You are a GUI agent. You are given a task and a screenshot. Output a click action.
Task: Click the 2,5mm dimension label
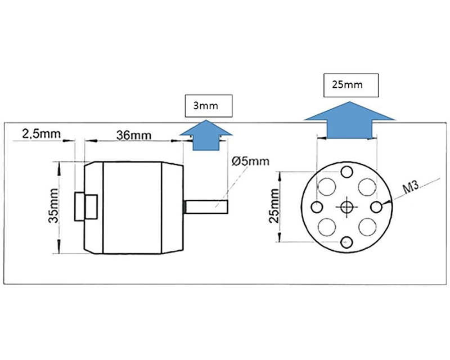point(42,134)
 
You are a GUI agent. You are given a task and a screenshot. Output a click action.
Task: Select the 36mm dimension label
point(134,135)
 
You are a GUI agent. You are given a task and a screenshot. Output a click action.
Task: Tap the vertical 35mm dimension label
point(53,205)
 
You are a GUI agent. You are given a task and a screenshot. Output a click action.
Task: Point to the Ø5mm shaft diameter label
point(250,161)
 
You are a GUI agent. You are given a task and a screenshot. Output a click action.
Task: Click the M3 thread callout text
point(411,188)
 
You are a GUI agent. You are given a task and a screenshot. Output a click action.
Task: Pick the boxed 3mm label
point(208,106)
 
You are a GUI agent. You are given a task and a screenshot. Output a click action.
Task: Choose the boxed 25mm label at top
point(351,85)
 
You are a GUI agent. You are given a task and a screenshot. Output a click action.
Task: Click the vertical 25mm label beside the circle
point(274,206)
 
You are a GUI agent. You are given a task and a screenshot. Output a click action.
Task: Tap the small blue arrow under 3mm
point(206,136)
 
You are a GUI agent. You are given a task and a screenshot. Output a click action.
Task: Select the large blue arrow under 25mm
point(349,120)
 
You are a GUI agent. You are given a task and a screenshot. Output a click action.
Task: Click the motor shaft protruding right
point(205,206)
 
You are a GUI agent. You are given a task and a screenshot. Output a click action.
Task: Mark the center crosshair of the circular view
point(346,206)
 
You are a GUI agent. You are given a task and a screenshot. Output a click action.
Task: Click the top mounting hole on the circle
point(346,172)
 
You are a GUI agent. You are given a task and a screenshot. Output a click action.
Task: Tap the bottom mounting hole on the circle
point(346,242)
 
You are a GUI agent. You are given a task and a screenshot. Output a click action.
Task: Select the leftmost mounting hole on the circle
point(317,207)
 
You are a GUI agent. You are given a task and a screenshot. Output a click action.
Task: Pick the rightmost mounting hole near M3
point(376,207)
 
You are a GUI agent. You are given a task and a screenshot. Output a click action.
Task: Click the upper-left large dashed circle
point(327,187)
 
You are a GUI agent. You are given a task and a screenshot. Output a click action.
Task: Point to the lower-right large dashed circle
point(367,227)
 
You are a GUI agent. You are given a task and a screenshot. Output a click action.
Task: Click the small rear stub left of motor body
point(79,206)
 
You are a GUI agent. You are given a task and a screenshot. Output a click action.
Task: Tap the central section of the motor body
point(132,208)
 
